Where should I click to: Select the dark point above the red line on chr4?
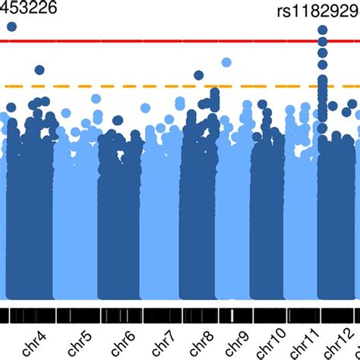pos(11,27)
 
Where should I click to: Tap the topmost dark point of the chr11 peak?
pos(323,30)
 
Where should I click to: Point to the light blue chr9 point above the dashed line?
pos(226,62)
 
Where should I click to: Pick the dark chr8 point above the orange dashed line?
pos(198,75)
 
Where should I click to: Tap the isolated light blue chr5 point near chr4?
pos(65,112)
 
